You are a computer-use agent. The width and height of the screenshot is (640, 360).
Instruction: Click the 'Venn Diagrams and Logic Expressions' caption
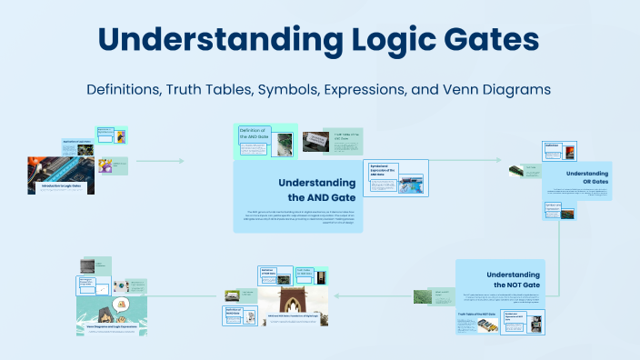113,328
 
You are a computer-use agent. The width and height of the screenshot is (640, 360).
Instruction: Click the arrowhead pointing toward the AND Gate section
181,161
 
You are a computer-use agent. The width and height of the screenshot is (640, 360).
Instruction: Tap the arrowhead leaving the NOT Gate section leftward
338,295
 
